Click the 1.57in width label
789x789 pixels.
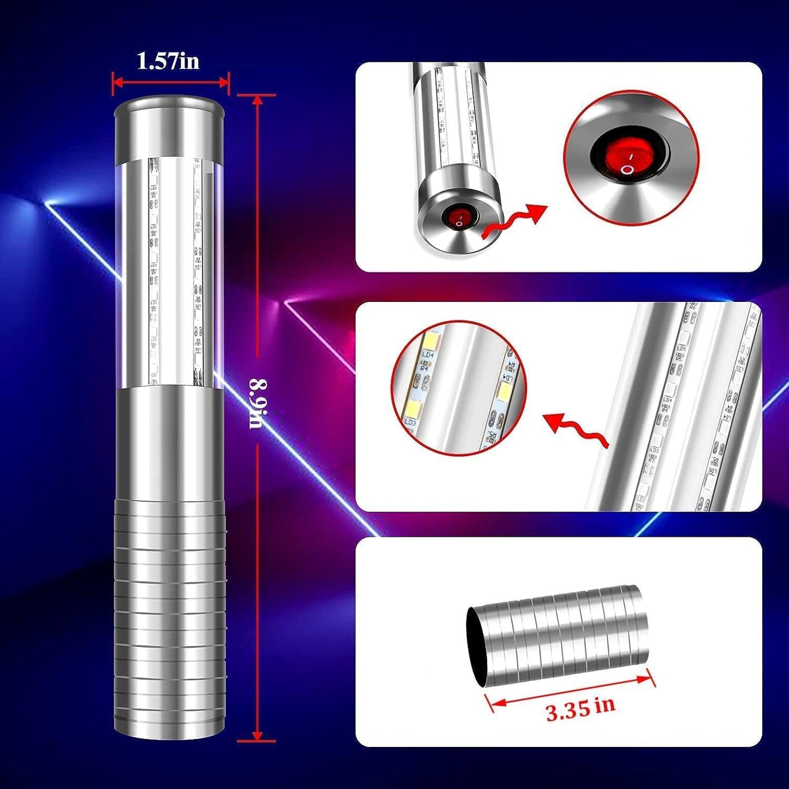168,61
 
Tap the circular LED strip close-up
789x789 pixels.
458,388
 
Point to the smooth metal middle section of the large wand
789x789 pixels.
170,442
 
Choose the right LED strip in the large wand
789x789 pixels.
197,273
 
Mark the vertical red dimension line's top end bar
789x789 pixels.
257,96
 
